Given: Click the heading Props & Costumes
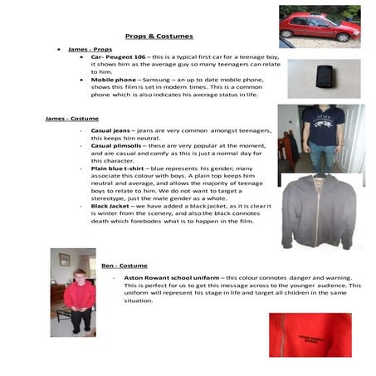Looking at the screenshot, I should click(159, 37).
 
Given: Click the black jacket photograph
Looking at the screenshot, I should click(319, 212).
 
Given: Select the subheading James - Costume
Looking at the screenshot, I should click(72, 119).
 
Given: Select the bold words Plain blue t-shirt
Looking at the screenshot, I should click(121, 168).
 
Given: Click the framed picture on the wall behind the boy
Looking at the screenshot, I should click(64, 259).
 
